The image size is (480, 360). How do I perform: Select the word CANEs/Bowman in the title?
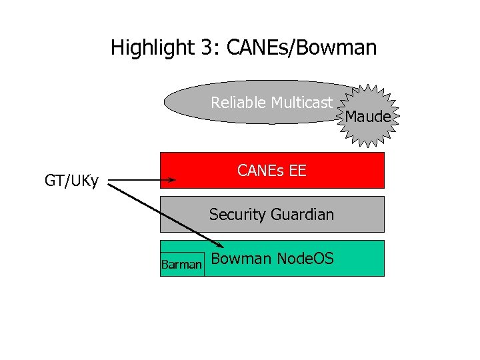302,48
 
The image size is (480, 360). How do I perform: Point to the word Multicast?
301,103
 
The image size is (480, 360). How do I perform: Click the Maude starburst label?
367,117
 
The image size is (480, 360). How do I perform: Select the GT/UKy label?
71,181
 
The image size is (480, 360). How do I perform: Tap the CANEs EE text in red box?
272,171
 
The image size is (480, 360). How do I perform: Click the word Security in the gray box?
237,215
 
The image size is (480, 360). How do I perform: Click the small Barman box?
181,265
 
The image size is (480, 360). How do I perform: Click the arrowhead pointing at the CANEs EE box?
172,180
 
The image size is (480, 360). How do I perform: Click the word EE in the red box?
297,171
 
